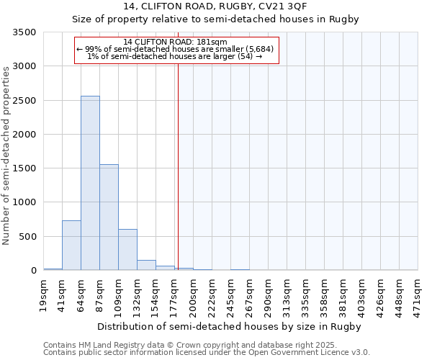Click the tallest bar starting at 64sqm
click(90, 183)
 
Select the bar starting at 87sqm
click(109, 217)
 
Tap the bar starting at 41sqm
click(71, 245)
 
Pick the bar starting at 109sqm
click(127, 249)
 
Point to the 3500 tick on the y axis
click(24, 32)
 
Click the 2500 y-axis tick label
click(24, 100)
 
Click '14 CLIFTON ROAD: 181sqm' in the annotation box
click(176, 42)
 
